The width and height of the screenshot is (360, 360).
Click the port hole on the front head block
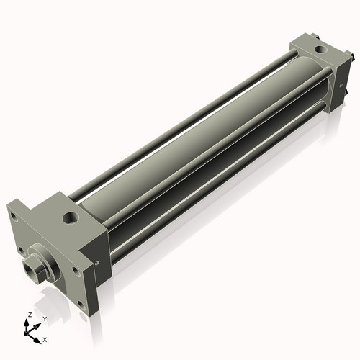(71, 217)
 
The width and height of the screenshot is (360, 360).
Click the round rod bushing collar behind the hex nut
(45, 262)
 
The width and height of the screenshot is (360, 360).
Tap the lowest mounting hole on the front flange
(82, 307)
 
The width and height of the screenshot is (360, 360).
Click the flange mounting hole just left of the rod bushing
(21, 251)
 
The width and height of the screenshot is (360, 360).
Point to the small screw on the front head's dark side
(97, 264)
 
